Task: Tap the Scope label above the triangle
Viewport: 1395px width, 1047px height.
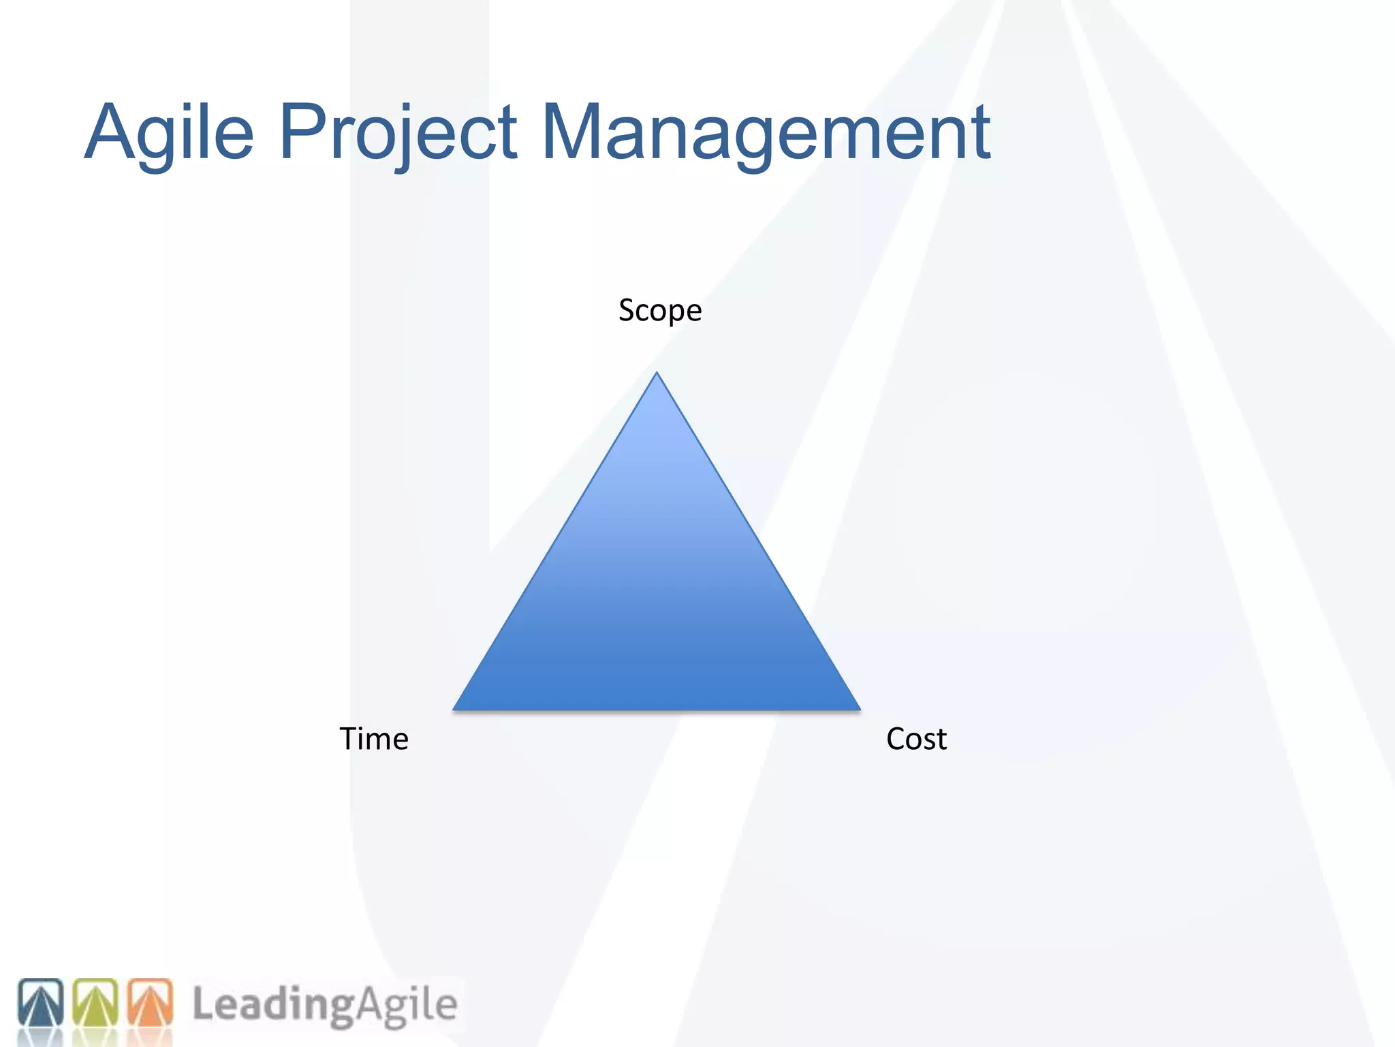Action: [659, 311]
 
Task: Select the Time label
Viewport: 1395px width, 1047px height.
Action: [374, 739]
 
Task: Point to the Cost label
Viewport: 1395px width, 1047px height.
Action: [916, 739]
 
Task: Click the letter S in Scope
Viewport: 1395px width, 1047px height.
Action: [627, 310]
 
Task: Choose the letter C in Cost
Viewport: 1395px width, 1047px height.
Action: [896, 739]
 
